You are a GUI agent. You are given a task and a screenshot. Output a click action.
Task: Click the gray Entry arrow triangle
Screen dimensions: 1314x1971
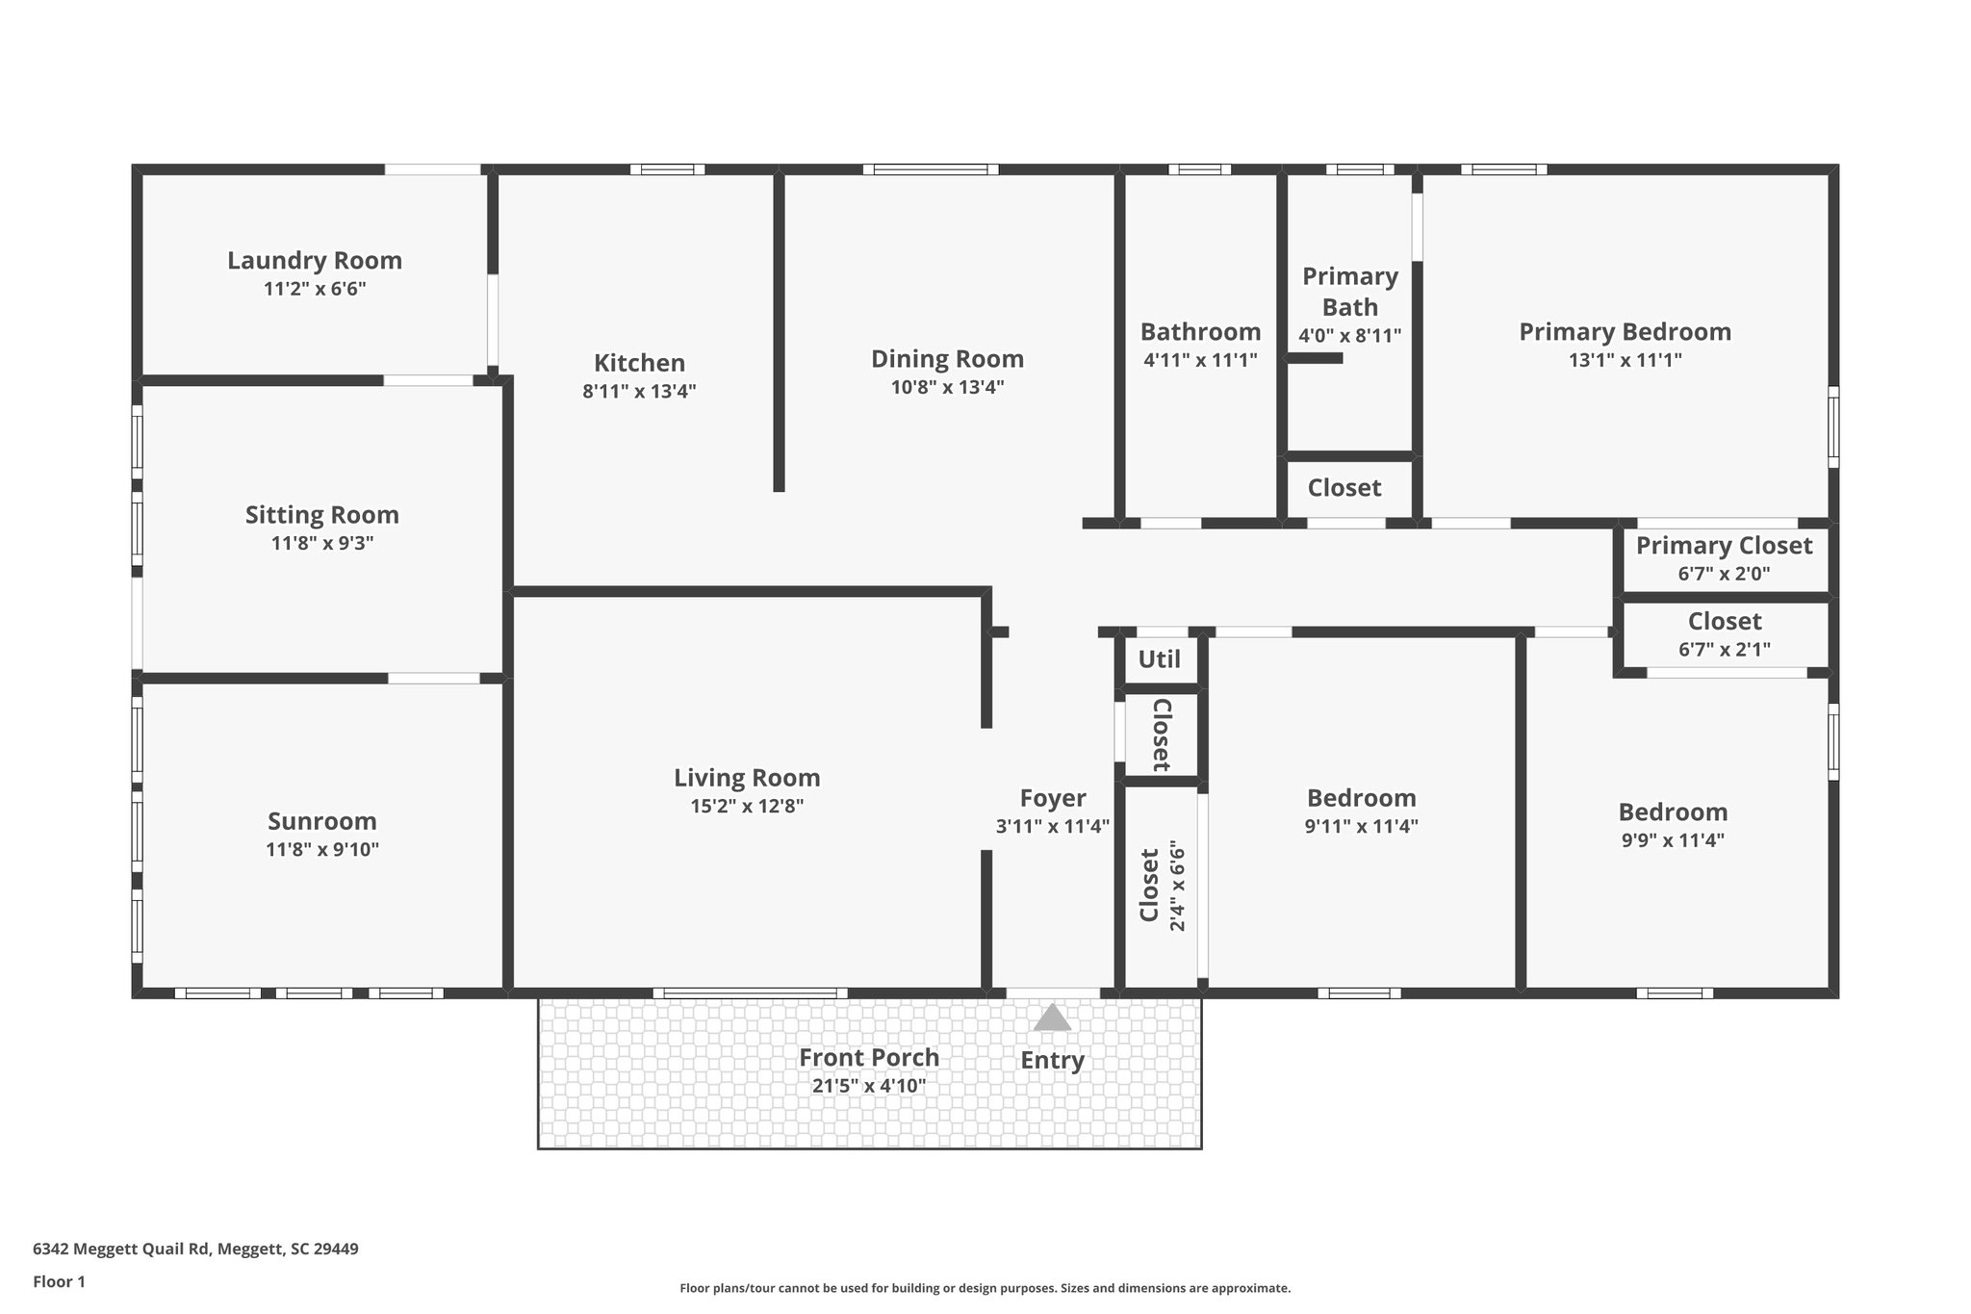point(1052,1018)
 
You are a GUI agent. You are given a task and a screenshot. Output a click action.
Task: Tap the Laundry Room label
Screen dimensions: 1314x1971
point(315,261)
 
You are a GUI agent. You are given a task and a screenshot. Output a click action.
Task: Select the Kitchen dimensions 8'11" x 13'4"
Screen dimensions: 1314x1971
point(639,392)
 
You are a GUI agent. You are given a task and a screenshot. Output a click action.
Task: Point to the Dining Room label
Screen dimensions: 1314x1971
point(947,359)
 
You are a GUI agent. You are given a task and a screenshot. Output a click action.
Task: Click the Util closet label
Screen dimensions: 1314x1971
point(1159,659)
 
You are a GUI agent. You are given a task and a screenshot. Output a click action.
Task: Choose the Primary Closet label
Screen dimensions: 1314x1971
point(1724,546)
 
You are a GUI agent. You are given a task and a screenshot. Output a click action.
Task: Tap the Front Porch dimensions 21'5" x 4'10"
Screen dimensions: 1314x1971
point(868,1086)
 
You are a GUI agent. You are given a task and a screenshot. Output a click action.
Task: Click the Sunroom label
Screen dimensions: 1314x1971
point(321,821)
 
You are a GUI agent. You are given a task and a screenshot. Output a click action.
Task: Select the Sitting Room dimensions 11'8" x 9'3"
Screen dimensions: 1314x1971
point(321,543)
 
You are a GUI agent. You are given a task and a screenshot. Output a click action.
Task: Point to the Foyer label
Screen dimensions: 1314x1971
point(1053,798)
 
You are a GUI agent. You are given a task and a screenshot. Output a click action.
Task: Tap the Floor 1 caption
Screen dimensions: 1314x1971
point(59,1281)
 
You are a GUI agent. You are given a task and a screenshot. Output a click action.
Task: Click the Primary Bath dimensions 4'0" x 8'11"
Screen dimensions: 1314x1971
point(1349,336)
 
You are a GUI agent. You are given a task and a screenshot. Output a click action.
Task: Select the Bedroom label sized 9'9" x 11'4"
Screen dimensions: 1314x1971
point(1673,812)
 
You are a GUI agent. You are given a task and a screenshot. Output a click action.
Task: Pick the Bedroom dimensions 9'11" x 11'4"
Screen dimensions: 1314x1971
point(1361,826)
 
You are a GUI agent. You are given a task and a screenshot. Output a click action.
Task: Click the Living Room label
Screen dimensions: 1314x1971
point(747,778)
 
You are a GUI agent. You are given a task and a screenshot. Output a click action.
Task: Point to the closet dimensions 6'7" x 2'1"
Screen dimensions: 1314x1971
point(1724,650)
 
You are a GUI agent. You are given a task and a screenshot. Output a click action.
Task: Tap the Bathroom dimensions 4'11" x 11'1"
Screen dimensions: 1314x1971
point(1200,360)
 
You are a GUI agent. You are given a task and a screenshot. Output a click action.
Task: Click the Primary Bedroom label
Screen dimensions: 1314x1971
point(1625,332)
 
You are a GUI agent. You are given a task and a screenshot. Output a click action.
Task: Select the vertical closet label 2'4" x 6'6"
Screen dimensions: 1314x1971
point(1177,886)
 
